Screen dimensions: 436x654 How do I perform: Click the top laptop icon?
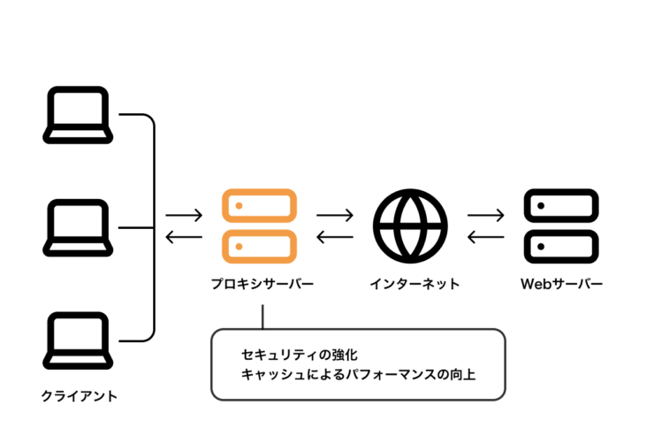pos(79,114)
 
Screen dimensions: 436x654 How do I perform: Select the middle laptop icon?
pos(79,227)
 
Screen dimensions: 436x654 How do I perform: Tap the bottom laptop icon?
pos(79,340)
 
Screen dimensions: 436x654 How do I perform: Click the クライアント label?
pos(80,395)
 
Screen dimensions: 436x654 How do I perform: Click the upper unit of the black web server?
pos(561,206)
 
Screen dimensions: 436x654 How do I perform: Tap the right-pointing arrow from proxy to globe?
pos(335,215)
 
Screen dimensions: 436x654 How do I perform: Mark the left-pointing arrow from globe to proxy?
pos(335,236)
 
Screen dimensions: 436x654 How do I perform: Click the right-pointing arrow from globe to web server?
pos(485,215)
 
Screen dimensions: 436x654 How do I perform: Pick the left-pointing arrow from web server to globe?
pos(485,236)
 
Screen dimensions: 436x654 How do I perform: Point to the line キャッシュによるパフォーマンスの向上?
pos(358,375)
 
